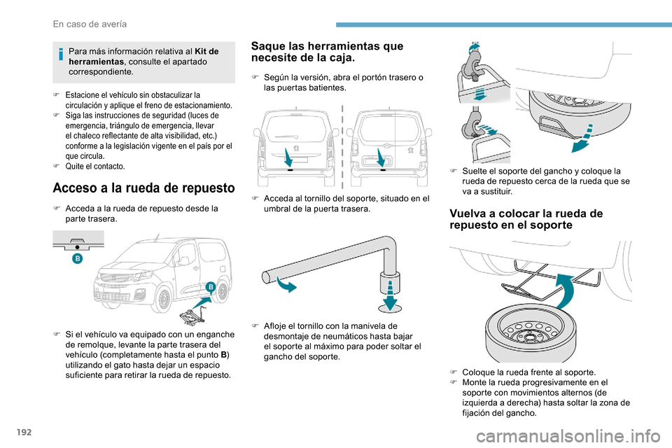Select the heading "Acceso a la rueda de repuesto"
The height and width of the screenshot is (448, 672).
143,188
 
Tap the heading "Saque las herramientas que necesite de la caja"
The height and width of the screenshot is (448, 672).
326,52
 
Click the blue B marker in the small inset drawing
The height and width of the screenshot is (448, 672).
77,259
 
